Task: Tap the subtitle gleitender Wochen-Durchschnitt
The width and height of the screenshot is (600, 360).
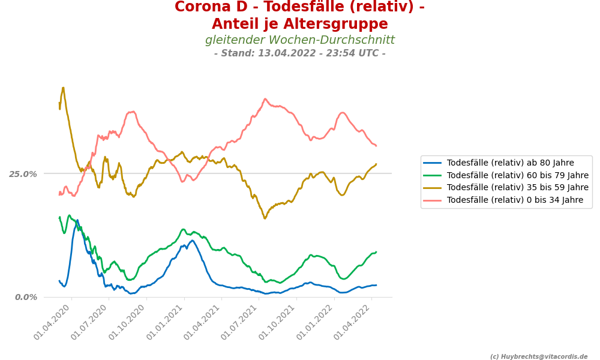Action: pyautogui.click(x=299, y=40)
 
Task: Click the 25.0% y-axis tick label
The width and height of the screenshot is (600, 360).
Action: pyautogui.click(x=23, y=174)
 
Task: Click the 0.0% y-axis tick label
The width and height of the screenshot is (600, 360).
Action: pyautogui.click(x=25, y=297)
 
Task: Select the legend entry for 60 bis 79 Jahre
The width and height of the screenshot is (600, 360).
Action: pyautogui.click(x=517, y=175)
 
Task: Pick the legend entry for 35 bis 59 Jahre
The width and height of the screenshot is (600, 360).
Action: pyautogui.click(x=517, y=188)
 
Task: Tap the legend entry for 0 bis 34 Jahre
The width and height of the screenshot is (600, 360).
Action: pyautogui.click(x=515, y=200)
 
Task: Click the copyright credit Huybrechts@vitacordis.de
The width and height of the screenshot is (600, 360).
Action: pyautogui.click(x=539, y=356)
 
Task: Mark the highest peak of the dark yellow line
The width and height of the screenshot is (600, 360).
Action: pyautogui.click(x=63, y=88)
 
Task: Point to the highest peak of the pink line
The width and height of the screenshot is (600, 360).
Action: pyautogui.click(x=265, y=99)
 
